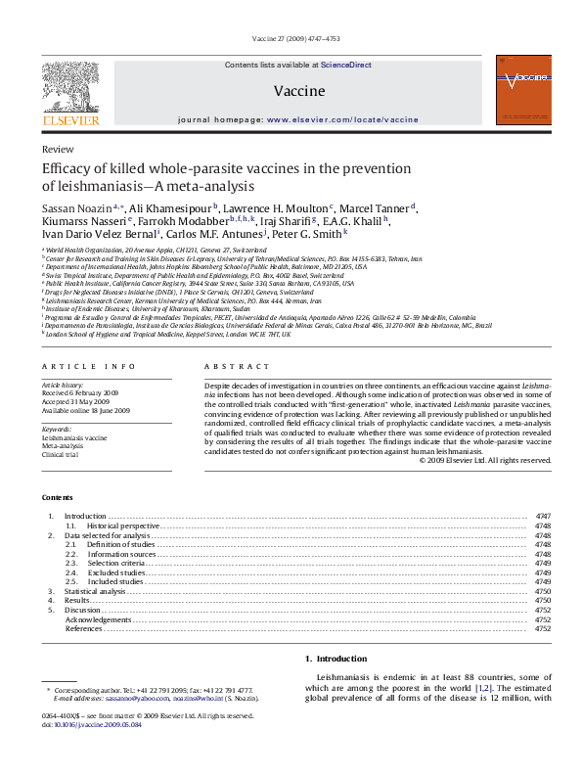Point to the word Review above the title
(58, 149)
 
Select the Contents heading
(58, 498)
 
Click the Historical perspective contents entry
(114, 526)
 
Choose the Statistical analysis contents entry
(95, 591)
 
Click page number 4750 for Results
(543, 600)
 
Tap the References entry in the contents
(85, 628)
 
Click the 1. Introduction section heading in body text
(336, 659)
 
